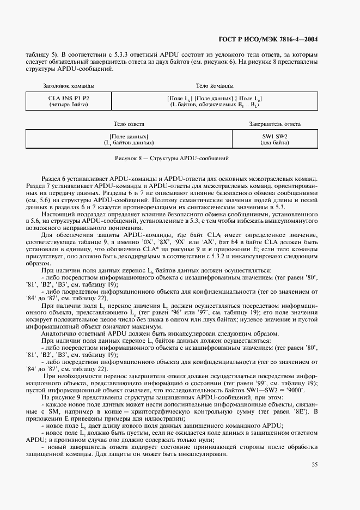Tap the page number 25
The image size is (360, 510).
tap(314, 464)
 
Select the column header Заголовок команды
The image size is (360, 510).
tap(69, 86)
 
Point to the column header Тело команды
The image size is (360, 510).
tap(215, 86)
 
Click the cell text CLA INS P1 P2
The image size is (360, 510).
tap(69, 98)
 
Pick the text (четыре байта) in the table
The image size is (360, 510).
tap(69, 104)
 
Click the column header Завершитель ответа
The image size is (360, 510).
tap(274, 124)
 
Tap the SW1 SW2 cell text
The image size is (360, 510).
tap(274, 136)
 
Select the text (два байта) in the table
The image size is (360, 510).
tap(274, 142)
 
